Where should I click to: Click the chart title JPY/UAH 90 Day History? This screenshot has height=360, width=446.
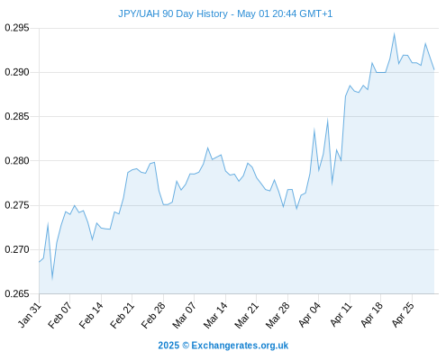(173, 13)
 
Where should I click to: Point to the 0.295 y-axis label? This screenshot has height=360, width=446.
(17, 28)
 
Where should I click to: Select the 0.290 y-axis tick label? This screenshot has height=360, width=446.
(17, 72)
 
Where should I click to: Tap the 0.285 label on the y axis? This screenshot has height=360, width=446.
(17, 116)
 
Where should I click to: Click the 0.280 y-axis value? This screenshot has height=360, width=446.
(17, 161)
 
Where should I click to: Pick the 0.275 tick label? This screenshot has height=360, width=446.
(17, 205)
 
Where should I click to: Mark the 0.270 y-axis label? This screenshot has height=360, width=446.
(17, 249)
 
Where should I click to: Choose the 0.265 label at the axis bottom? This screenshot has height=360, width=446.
(17, 293)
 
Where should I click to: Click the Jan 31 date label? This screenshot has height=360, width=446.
(30, 315)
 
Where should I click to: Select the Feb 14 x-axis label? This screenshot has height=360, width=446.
(91, 315)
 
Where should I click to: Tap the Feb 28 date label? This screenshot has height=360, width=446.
(153, 315)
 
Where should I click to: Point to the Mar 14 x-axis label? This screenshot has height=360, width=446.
(215, 315)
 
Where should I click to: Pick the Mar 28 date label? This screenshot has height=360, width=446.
(278, 315)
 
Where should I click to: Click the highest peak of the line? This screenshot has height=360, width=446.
(394, 33)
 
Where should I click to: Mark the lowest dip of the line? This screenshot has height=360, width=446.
(52, 279)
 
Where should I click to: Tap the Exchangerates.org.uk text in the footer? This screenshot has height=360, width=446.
(240, 346)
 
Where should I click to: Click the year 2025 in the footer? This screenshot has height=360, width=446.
(168, 346)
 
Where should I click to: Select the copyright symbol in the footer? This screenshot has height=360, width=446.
(186, 346)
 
